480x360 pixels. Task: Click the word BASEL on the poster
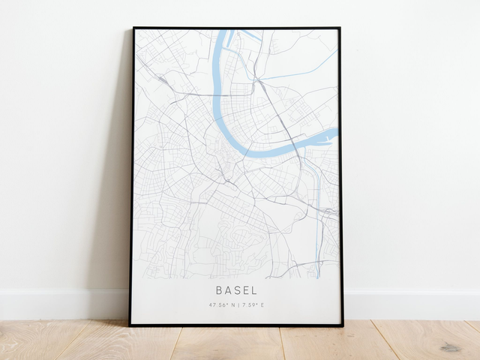[236, 289]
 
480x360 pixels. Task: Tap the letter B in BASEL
[219, 289]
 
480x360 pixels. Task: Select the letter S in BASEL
[237, 289]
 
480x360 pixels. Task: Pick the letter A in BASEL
[228, 289]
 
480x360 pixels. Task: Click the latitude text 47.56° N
[222, 305]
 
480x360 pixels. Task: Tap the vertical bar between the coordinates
[237, 305]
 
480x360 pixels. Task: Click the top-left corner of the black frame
[133, 28]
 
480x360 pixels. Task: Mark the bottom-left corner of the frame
[130, 325]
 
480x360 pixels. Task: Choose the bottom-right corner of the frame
[343, 325]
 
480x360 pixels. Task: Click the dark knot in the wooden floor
[451, 347]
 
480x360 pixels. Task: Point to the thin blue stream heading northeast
[300, 76]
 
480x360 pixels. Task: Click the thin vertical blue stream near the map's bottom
[318, 247]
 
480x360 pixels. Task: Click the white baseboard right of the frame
[412, 304]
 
